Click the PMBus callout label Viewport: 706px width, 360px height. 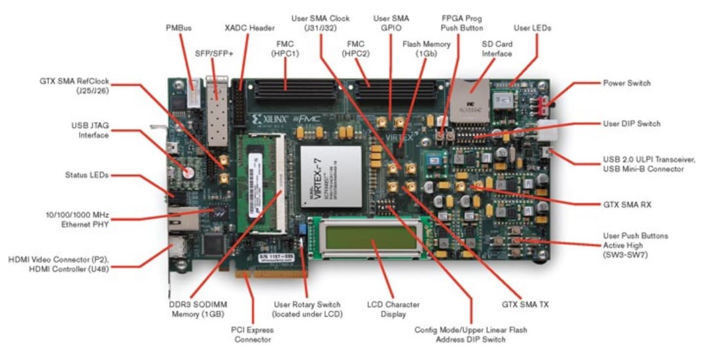[x=178, y=29]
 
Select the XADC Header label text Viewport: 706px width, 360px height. [x=249, y=29]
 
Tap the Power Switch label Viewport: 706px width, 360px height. [x=626, y=84]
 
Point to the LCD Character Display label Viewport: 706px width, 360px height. [x=393, y=310]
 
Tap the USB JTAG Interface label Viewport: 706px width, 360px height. [x=90, y=130]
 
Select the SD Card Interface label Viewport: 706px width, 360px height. [x=497, y=49]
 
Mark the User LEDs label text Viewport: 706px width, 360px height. [x=532, y=29]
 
